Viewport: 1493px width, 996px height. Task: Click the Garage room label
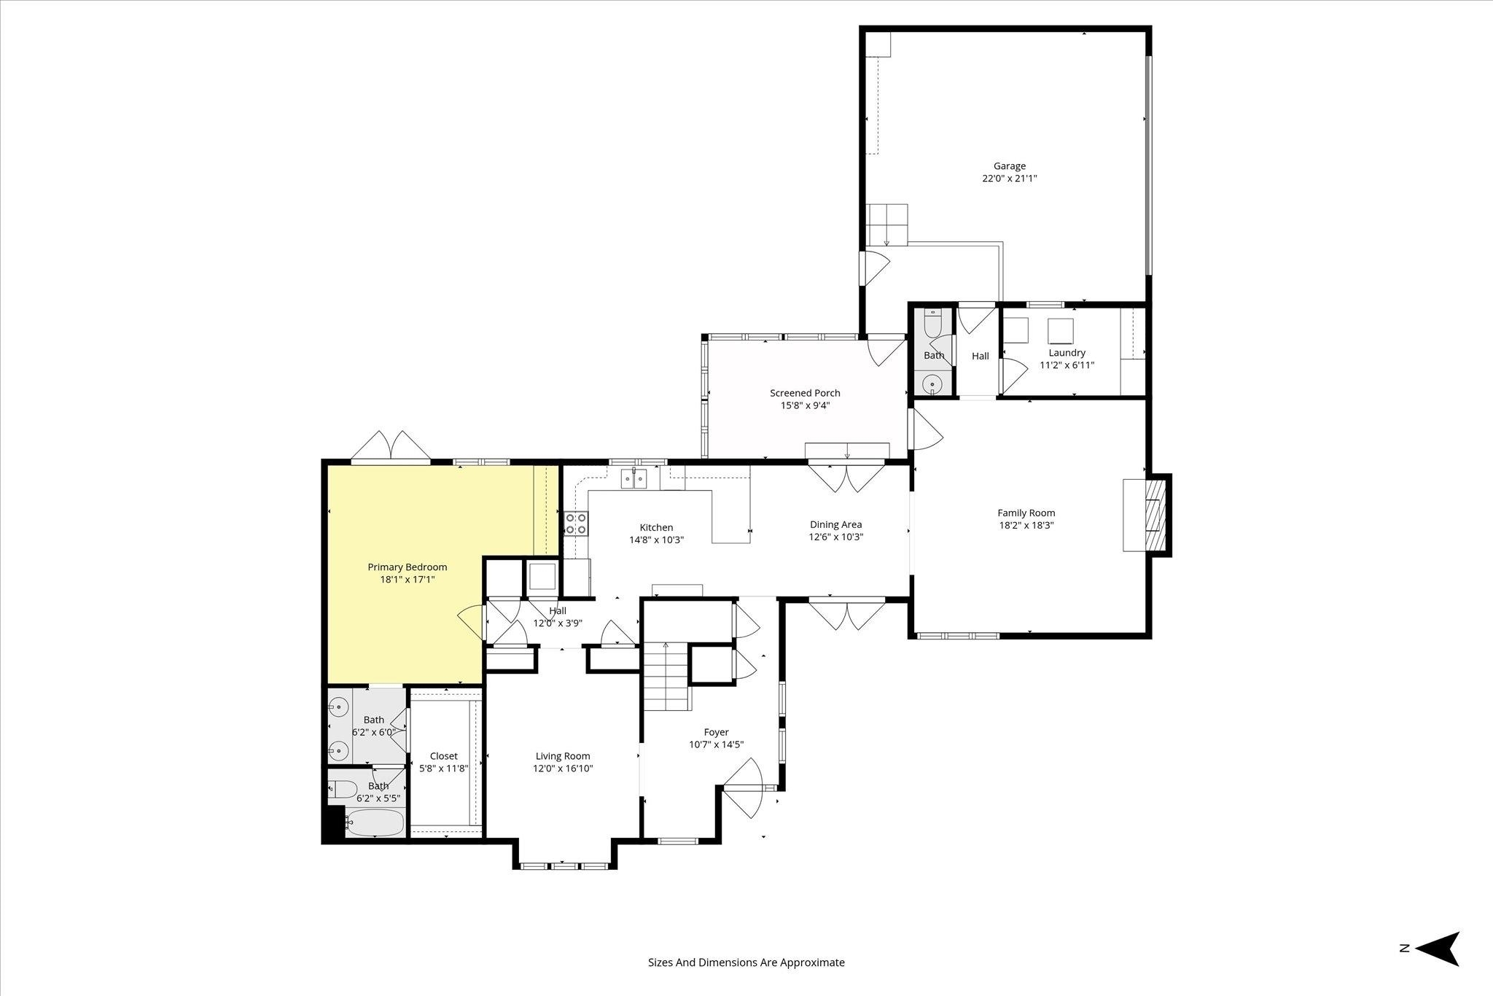coord(1009,166)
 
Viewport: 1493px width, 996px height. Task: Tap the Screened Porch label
coord(805,393)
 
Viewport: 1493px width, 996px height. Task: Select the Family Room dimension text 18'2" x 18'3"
coord(1026,525)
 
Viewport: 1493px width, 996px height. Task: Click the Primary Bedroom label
coord(407,567)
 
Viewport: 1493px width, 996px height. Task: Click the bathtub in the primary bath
coord(375,822)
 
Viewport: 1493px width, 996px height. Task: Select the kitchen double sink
coord(634,478)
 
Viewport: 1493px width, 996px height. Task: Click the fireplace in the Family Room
coord(1147,515)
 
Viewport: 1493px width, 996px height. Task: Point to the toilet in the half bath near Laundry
coord(932,321)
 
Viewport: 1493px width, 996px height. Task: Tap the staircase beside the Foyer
coord(666,677)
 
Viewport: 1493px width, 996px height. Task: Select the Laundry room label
coord(1067,353)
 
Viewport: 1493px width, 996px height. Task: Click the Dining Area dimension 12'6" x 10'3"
coord(835,537)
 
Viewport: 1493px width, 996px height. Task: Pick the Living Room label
coord(563,756)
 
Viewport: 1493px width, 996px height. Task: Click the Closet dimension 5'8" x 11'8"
coord(443,769)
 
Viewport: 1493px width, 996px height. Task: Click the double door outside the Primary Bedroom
coord(391,446)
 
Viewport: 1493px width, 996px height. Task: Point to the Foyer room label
coord(716,732)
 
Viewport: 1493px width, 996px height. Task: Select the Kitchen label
coord(656,527)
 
